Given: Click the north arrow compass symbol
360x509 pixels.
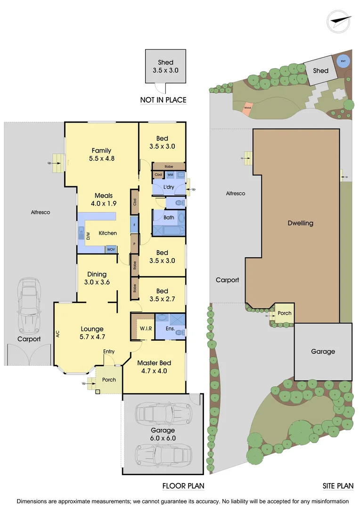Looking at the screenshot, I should click(x=340, y=22).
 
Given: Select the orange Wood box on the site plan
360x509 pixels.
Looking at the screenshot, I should click(x=247, y=108).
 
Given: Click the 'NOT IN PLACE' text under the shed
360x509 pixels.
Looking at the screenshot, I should click(x=163, y=100).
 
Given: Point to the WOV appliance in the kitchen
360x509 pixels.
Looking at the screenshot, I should click(x=111, y=249).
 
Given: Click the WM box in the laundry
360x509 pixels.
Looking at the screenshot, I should click(x=170, y=175).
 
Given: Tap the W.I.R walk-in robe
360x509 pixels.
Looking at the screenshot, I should click(x=145, y=328).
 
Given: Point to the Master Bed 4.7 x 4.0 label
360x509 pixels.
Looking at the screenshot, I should click(x=154, y=367).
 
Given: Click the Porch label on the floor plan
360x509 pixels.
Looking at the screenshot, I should click(x=109, y=380).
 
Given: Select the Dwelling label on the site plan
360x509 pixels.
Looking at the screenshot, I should click(x=300, y=223).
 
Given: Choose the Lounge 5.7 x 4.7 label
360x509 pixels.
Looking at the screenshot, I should click(x=92, y=333).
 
